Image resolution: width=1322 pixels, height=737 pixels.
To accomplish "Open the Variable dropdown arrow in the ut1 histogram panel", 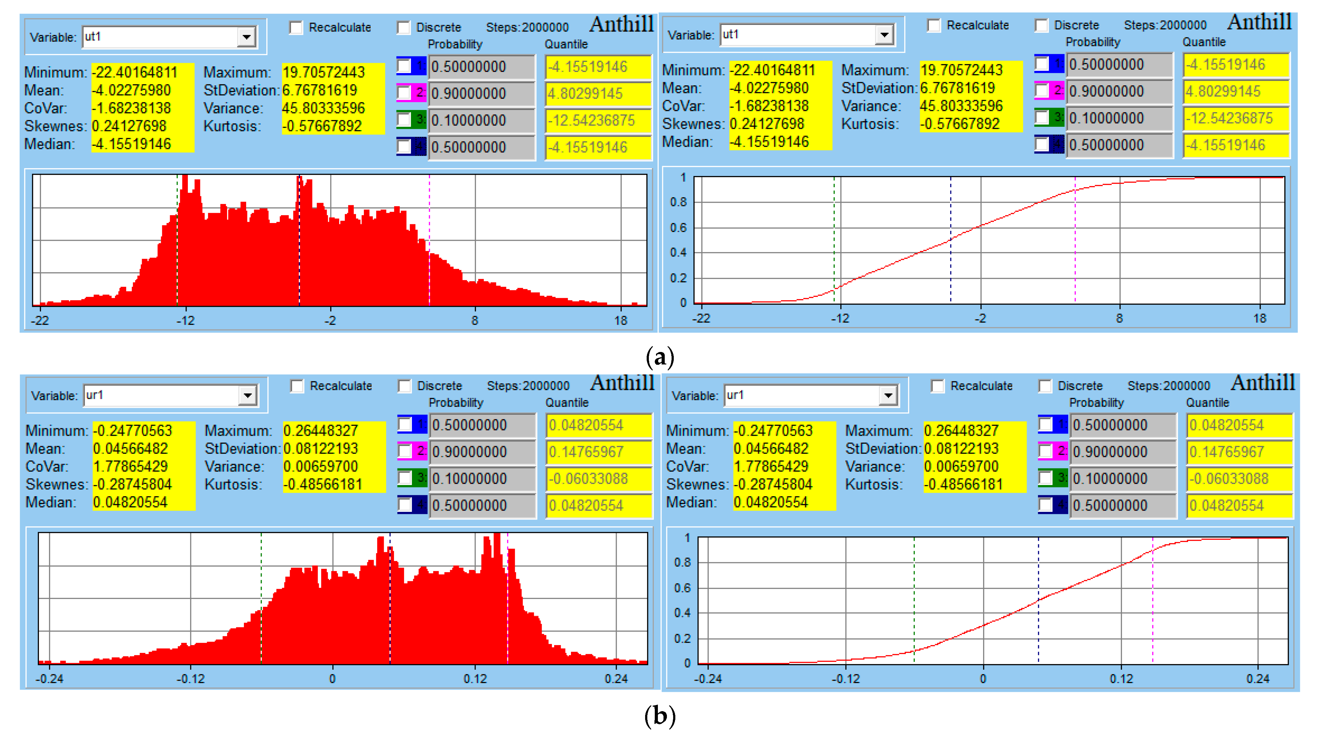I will (x=246, y=37).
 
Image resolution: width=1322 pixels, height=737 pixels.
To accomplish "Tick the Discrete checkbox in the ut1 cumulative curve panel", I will (x=1042, y=25).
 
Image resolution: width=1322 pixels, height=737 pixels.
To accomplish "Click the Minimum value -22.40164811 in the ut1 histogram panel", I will (x=135, y=72).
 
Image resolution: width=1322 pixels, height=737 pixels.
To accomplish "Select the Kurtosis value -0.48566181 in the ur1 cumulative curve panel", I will (x=963, y=484).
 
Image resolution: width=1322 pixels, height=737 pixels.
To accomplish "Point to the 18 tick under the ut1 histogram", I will (x=621, y=321).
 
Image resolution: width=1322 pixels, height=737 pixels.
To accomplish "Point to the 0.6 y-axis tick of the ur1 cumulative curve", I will (x=682, y=588).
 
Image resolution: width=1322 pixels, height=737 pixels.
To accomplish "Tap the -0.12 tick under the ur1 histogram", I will (x=190, y=678).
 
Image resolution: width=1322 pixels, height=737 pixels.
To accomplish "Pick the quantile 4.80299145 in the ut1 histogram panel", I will (x=585, y=93).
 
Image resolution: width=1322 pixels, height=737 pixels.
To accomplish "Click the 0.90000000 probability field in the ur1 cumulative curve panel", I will (x=1110, y=452).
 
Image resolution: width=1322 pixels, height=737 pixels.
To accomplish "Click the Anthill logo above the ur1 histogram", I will (x=622, y=383).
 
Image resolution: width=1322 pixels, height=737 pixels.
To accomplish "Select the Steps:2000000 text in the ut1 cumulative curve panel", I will (x=1165, y=25).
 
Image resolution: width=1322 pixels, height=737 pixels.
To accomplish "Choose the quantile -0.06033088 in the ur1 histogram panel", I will (x=588, y=479).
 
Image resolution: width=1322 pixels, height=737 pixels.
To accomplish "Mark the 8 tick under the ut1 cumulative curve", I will (x=1119, y=319).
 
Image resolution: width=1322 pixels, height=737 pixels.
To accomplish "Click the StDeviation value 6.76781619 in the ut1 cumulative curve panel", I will (x=958, y=88).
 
